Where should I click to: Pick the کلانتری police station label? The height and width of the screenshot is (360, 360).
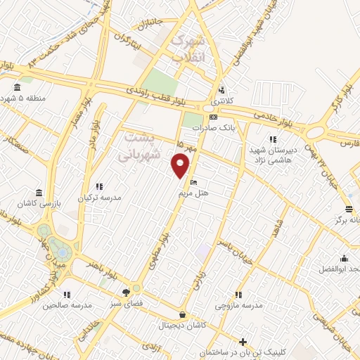click(x=222, y=101)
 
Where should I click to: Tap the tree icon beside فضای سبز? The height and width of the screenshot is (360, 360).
click(x=126, y=292)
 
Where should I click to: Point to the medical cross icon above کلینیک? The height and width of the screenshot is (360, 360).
click(x=243, y=342)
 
